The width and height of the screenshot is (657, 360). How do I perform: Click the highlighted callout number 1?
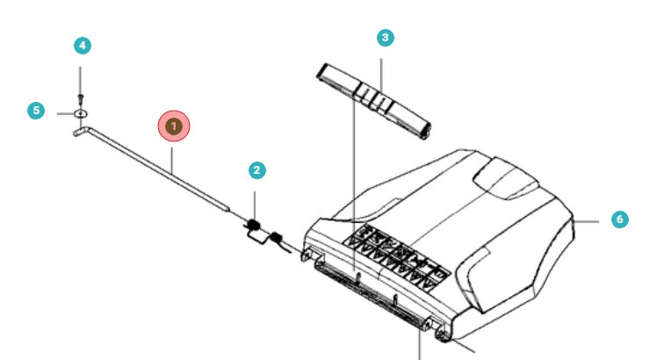click(x=174, y=126)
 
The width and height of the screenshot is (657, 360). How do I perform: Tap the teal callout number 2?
click(x=256, y=169)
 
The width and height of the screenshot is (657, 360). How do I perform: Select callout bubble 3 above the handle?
click(x=385, y=38)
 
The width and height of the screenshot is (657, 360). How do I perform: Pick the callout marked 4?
click(x=82, y=46)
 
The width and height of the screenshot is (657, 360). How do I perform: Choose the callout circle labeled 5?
click(x=36, y=111)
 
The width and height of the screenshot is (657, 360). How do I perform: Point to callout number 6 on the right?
click(x=620, y=219)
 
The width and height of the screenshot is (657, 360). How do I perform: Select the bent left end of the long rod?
click(x=80, y=132)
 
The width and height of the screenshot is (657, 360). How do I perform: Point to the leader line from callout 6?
click(x=588, y=220)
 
